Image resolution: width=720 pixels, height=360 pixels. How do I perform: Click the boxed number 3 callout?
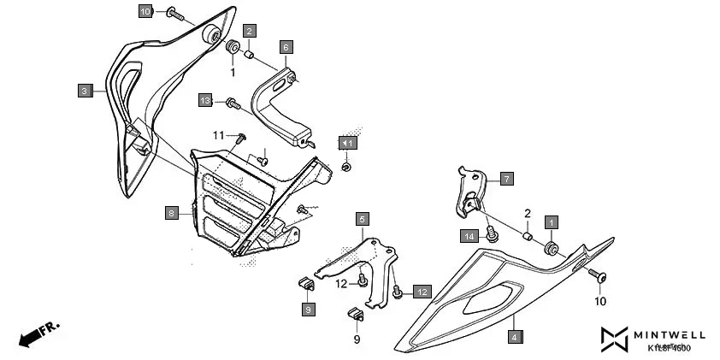(x=84, y=90)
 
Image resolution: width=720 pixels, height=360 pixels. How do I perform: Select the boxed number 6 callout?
(x=286, y=47)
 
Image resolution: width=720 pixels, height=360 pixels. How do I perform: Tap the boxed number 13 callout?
(x=205, y=100)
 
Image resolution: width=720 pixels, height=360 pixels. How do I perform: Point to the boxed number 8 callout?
(x=172, y=212)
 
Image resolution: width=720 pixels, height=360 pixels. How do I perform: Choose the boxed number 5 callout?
(x=363, y=219)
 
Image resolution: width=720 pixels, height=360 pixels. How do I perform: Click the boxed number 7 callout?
(x=506, y=179)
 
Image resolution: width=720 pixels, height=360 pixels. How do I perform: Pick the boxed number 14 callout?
(x=469, y=235)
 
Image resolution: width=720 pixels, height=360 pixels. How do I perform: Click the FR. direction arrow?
(x=38, y=333)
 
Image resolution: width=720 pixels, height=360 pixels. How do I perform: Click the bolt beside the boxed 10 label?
(x=174, y=13)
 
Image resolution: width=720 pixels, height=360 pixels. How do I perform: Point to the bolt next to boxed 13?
(x=231, y=103)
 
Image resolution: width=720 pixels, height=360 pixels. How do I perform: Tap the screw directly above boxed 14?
(x=492, y=231)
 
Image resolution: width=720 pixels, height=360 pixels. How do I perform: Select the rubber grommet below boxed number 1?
(x=552, y=249)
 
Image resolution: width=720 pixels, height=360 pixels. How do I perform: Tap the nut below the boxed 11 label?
(x=346, y=166)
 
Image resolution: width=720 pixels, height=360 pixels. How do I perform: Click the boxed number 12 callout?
(x=422, y=292)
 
